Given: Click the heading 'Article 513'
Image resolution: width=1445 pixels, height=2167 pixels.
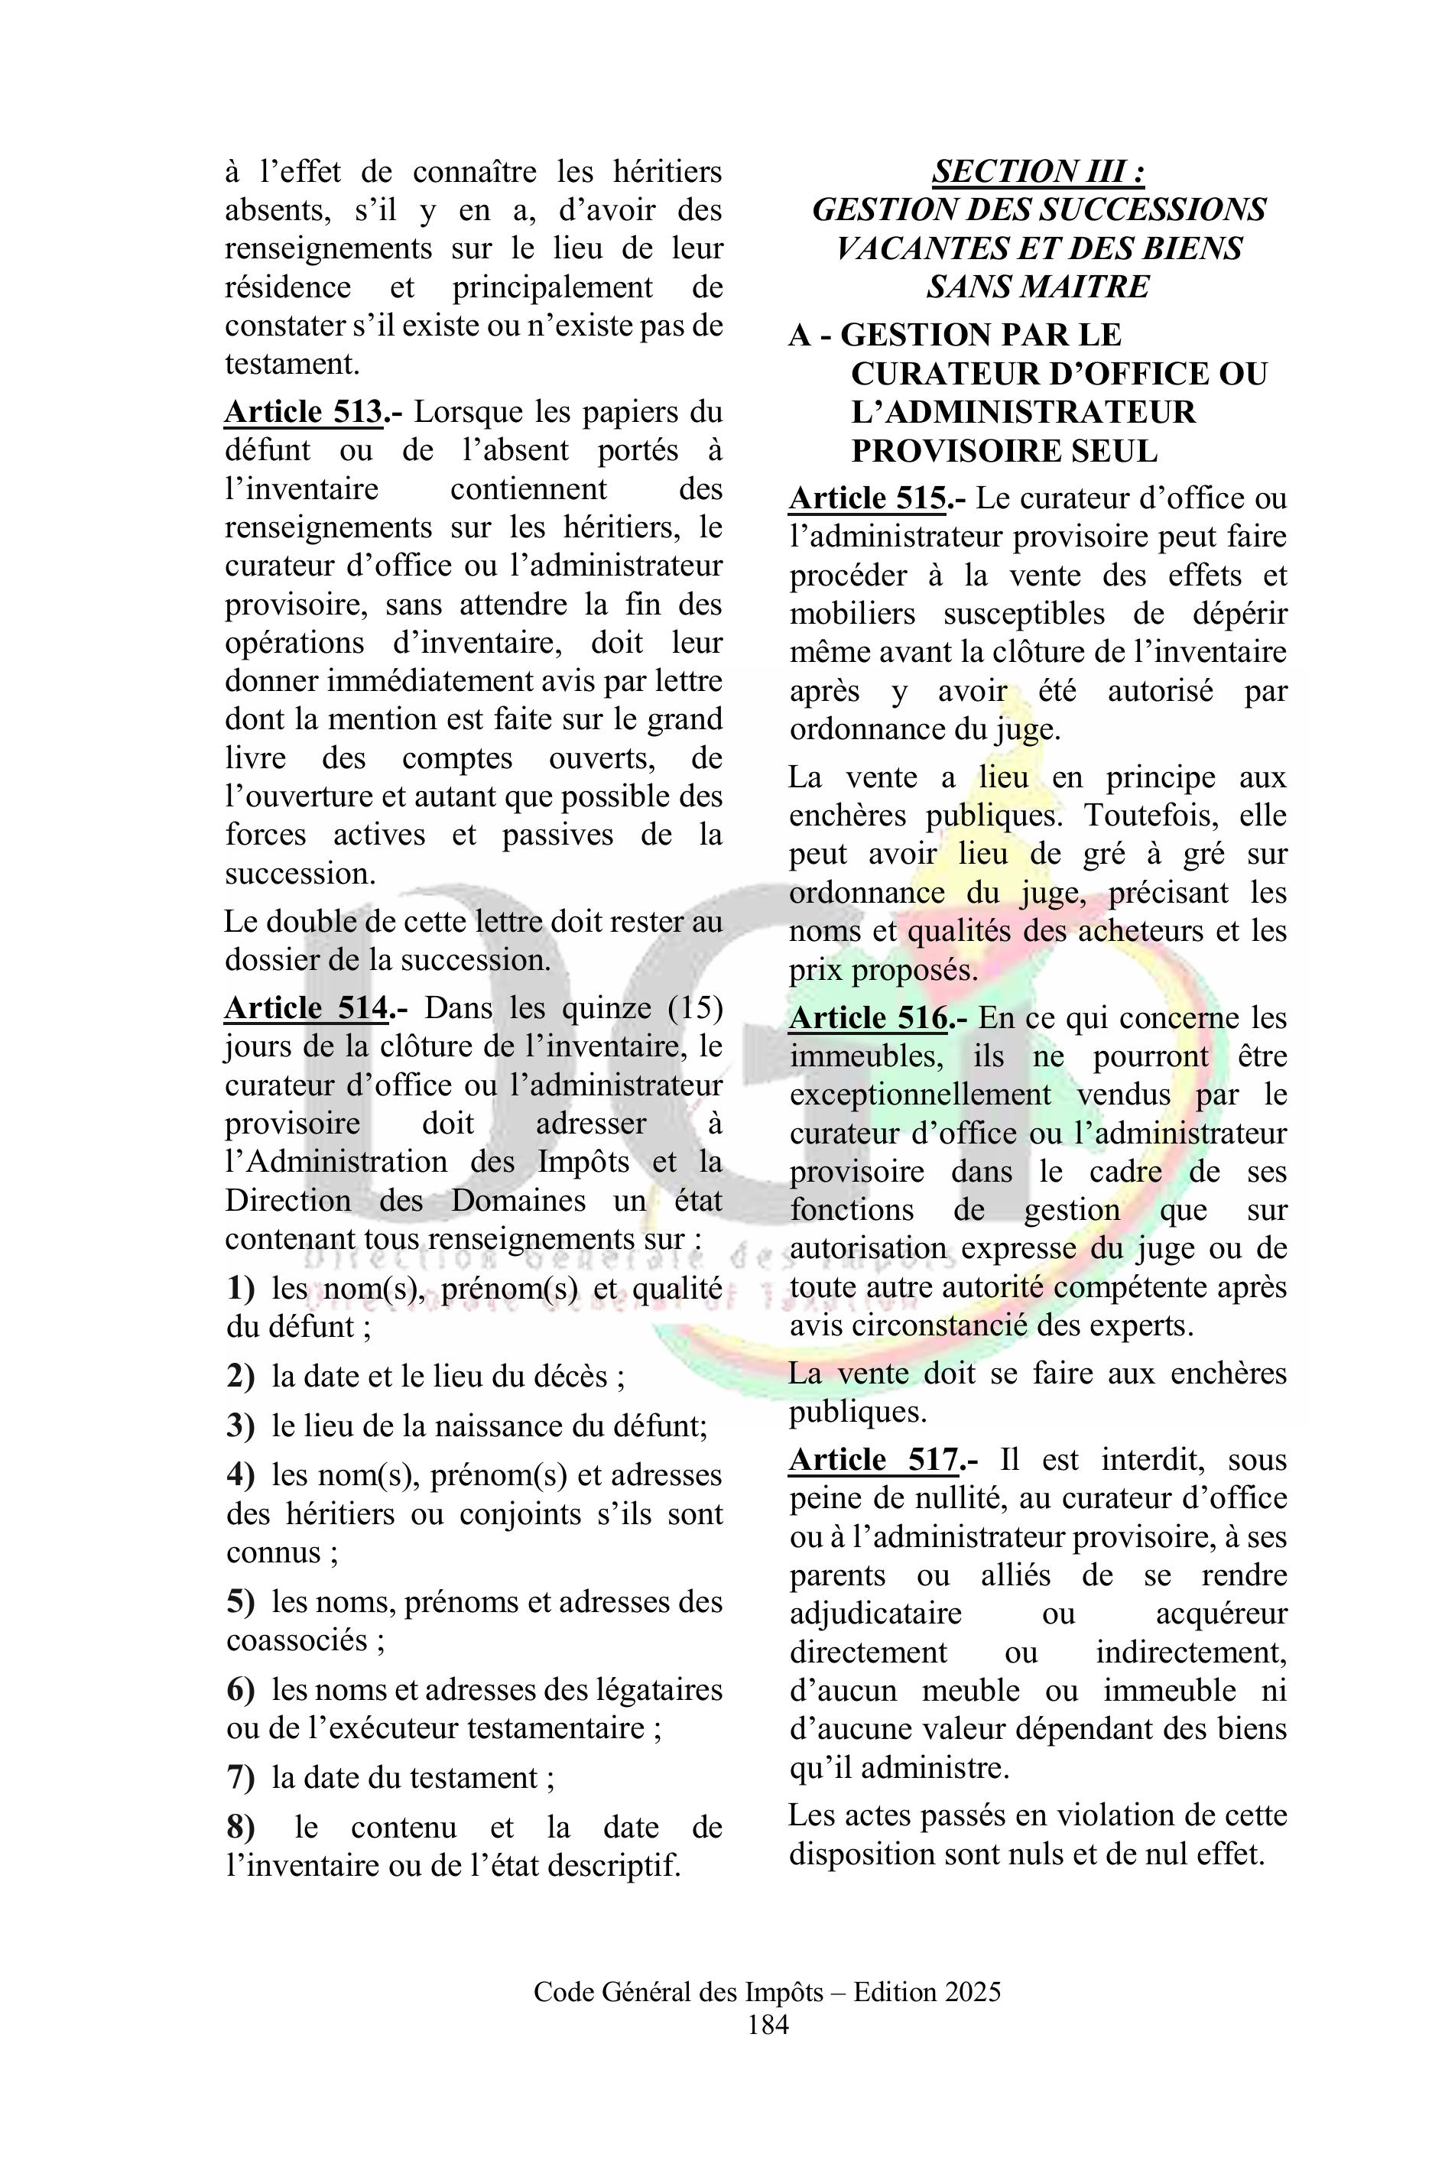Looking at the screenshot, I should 304,412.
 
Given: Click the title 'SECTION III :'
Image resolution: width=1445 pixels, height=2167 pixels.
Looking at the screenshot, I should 1038,171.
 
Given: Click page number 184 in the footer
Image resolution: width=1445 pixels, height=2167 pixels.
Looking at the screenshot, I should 768,2025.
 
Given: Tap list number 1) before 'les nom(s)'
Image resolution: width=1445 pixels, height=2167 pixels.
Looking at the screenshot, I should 241,1288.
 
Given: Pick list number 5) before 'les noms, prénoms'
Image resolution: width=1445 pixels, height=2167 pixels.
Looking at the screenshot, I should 241,1601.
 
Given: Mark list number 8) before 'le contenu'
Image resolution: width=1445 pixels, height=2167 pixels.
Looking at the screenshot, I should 241,1827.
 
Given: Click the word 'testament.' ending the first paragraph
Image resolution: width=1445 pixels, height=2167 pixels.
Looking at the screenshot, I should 292,364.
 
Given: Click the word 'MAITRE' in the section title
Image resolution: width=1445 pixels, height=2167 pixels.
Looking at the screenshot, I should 1086,287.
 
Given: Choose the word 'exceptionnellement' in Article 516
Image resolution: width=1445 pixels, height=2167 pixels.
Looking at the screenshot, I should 920,1095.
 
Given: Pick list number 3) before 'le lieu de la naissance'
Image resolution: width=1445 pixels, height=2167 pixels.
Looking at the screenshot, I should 241,1426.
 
